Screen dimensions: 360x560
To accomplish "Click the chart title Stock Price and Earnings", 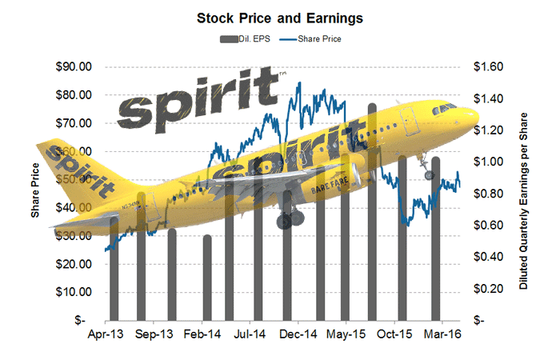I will point(279,16).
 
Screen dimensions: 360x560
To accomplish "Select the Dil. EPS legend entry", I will point(243,37).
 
